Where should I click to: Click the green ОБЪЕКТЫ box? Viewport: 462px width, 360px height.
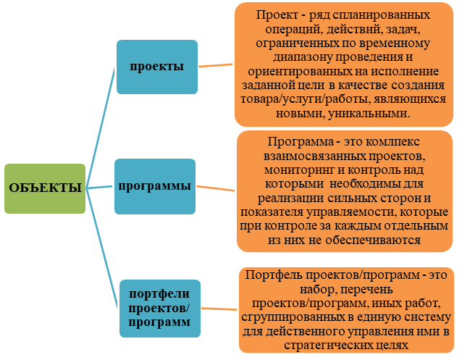pyautogui.click(x=44, y=188)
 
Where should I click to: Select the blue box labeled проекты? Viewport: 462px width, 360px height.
pyautogui.click(x=156, y=67)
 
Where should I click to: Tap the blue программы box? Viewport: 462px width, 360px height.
pyautogui.click(x=155, y=186)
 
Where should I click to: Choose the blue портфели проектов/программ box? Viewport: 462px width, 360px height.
pyautogui.click(x=159, y=307)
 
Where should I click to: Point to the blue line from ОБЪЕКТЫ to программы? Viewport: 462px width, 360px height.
pyautogui.click(x=100, y=187)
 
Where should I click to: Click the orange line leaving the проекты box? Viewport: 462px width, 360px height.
pyautogui.click(x=215, y=65)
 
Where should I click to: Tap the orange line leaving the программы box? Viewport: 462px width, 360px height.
pyautogui.click(x=215, y=189)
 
